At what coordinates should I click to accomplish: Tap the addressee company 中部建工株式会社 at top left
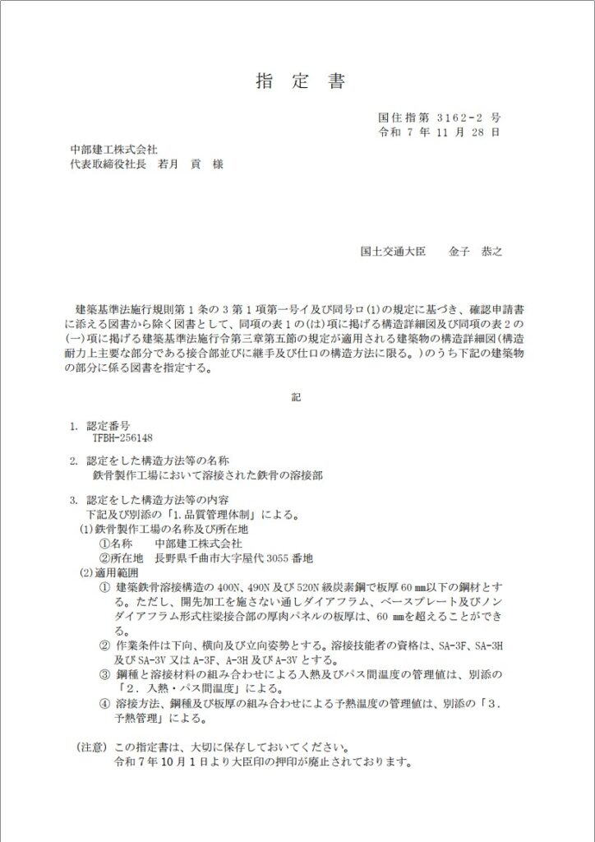click(113, 149)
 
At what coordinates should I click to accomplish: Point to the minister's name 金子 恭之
click(475, 251)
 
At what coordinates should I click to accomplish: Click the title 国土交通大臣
click(394, 251)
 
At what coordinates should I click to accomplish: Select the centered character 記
click(297, 398)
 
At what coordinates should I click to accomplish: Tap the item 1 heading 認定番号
click(108, 427)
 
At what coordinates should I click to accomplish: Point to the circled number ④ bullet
click(104, 704)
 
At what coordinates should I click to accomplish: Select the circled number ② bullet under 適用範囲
click(104, 646)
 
